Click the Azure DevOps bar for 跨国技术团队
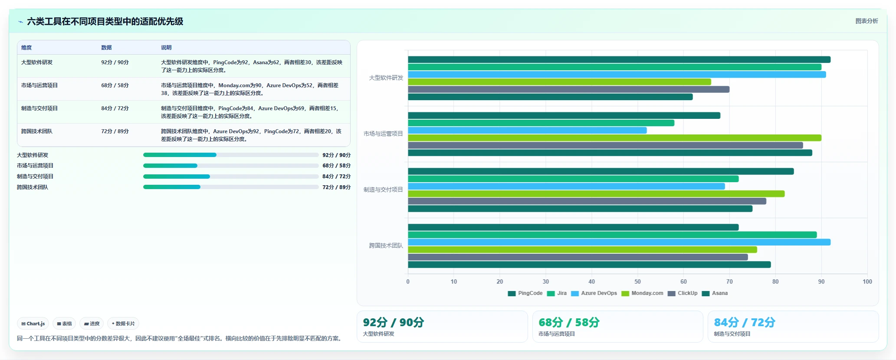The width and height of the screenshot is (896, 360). [x=619, y=242]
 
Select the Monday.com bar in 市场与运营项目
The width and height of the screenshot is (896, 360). [x=614, y=138]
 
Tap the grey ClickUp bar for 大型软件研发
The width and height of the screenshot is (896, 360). [x=568, y=89]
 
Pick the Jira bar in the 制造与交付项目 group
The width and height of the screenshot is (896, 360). [x=573, y=179]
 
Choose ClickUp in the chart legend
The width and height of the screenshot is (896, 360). [x=683, y=293]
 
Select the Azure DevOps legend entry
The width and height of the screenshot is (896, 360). [x=594, y=293]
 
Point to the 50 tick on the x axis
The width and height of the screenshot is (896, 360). [x=637, y=281]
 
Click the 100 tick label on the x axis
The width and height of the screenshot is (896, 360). [x=867, y=281]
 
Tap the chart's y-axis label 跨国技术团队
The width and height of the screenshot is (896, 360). [x=386, y=245]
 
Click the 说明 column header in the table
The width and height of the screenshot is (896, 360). [x=166, y=48]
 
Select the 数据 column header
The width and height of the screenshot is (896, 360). [x=106, y=48]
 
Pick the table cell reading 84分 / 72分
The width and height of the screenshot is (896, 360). [x=115, y=108]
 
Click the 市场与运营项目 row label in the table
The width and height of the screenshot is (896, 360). [x=39, y=85]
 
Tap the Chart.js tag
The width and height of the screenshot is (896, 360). [x=33, y=324]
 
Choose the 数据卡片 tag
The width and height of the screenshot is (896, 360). [x=123, y=324]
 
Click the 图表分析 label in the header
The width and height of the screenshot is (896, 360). [x=866, y=21]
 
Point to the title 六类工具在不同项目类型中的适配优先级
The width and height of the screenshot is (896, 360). [x=105, y=21]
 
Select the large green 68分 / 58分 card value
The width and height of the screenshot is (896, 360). [x=569, y=322]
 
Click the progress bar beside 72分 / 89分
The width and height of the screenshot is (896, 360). [x=231, y=187]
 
